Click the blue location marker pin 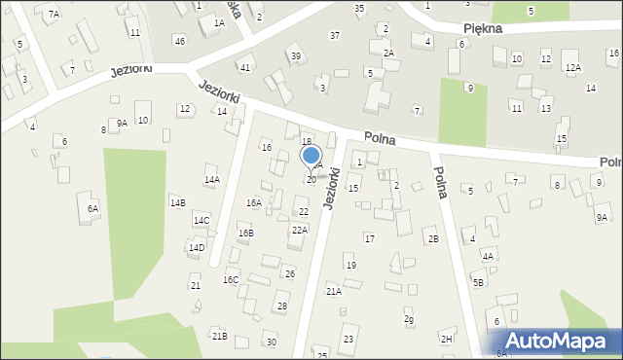click(x=311, y=157)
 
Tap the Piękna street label click(x=484, y=28)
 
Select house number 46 click(x=179, y=40)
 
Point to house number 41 click(x=245, y=67)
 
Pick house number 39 click(x=295, y=55)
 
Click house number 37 click(x=335, y=35)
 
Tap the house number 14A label click(x=211, y=180)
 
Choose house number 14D click(x=197, y=247)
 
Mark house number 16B click(x=245, y=234)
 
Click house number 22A click(x=300, y=230)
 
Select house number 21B click(x=219, y=336)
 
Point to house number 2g click(x=409, y=319)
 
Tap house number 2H click(x=447, y=339)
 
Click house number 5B click(x=478, y=282)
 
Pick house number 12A click(x=573, y=67)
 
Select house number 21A click(x=334, y=291)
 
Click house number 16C click(x=231, y=279)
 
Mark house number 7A click(x=55, y=14)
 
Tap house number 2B click(x=433, y=238)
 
